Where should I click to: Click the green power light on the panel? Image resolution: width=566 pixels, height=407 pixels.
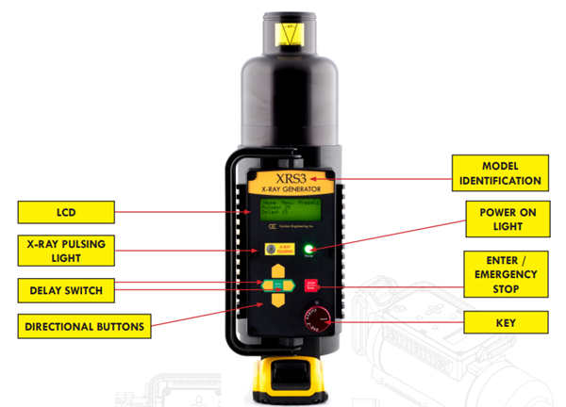(308, 250)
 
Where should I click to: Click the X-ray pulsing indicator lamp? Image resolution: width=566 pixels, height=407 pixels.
(272, 251)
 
